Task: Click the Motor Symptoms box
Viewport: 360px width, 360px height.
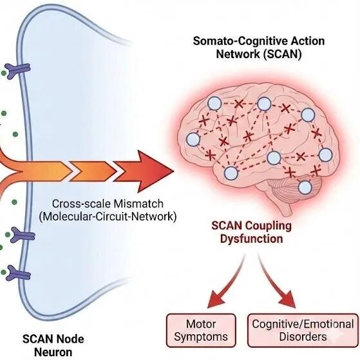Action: tap(201, 330)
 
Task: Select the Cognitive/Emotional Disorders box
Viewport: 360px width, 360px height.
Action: tap(303, 330)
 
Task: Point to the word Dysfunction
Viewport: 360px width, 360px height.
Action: tap(252, 239)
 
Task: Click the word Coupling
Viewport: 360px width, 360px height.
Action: tap(268, 226)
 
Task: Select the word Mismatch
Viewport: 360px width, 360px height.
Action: tap(138, 204)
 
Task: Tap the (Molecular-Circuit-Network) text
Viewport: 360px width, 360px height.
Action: tap(108, 216)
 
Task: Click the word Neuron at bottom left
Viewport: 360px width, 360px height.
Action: tap(53, 352)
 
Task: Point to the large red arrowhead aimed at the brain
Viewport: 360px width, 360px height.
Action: tap(144, 171)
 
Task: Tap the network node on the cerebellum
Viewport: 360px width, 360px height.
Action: tap(305, 187)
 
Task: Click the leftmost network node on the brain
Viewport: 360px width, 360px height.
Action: tap(193, 139)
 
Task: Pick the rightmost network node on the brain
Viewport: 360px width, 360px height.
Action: tap(325, 155)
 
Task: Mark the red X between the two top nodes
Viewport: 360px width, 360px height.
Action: tap(239, 104)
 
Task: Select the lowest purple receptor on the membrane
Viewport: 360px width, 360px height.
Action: tap(19, 273)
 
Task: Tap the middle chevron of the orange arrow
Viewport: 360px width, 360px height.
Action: tap(93, 171)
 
